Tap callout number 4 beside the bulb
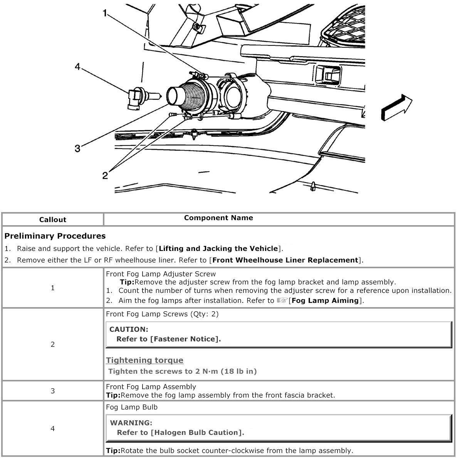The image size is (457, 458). click(x=77, y=67)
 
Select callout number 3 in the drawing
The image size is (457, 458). click(x=77, y=149)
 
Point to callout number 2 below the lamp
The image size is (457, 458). click(x=105, y=176)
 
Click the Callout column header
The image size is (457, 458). click(x=53, y=220)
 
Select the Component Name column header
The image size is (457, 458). click(x=218, y=218)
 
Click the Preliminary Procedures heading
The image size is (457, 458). click(x=55, y=236)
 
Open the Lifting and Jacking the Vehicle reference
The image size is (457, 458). click(x=218, y=249)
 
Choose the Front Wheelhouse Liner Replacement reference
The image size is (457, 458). click(x=285, y=260)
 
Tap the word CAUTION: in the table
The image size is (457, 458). click(x=129, y=329)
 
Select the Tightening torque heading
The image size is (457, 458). click(x=144, y=360)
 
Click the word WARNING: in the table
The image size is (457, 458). click(x=131, y=423)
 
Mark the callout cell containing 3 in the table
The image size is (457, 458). click(x=53, y=391)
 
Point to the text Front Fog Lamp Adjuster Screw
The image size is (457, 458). click(x=161, y=274)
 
